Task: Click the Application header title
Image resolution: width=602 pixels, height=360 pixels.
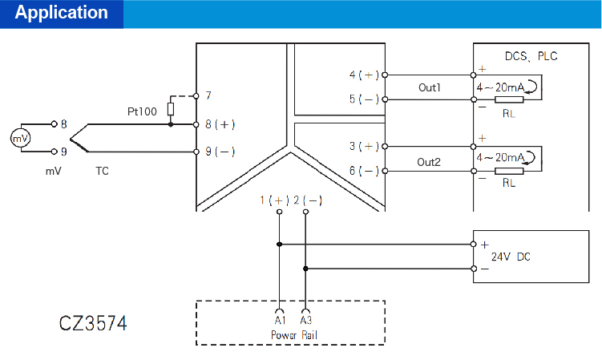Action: pyautogui.click(x=62, y=13)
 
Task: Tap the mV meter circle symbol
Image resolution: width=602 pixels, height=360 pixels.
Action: pyautogui.click(x=19, y=138)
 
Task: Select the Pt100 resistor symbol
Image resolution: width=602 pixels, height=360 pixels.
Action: pyautogui.click(x=171, y=109)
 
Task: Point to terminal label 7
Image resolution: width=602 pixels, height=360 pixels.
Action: pyautogui.click(x=208, y=95)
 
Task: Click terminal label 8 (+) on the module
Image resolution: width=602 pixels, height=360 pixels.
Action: pyautogui.click(x=220, y=124)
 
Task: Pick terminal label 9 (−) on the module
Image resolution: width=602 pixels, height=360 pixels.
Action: pyautogui.click(x=220, y=151)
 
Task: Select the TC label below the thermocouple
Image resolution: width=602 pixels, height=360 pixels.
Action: pyautogui.click(x=103, y=171)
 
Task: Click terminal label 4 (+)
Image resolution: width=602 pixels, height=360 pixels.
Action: pyautogui.click(x=364, y=75)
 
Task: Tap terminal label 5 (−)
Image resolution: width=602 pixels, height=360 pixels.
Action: pyautogui.click(x=364, y=99)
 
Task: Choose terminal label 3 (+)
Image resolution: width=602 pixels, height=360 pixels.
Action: pyautogui.click(x=364, y=146)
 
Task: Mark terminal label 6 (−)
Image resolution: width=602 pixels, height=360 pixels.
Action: pyautogui.click(x=364, y=171)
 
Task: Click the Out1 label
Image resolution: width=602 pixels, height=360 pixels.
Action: pyautogui.click(x=429, y=87)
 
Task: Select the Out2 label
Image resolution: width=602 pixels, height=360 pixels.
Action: pyautogui.click(x=429, y=161)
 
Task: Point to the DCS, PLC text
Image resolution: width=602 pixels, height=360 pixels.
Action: pyautogui.click(x=531, y=56)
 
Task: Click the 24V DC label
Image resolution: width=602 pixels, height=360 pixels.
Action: pyautogui.click(x=510, y=257)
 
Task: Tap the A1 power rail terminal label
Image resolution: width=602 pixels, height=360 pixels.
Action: pyautogui.click(x=279, y=321)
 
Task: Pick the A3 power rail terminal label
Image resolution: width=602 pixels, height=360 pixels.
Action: pyautogui.click(x=305, y=321)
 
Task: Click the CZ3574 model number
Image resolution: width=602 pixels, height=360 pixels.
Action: pyautogui.click(x=93, y=325)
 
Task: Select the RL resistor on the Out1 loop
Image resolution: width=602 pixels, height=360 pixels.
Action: pyautogui.click(x=509, y=99)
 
